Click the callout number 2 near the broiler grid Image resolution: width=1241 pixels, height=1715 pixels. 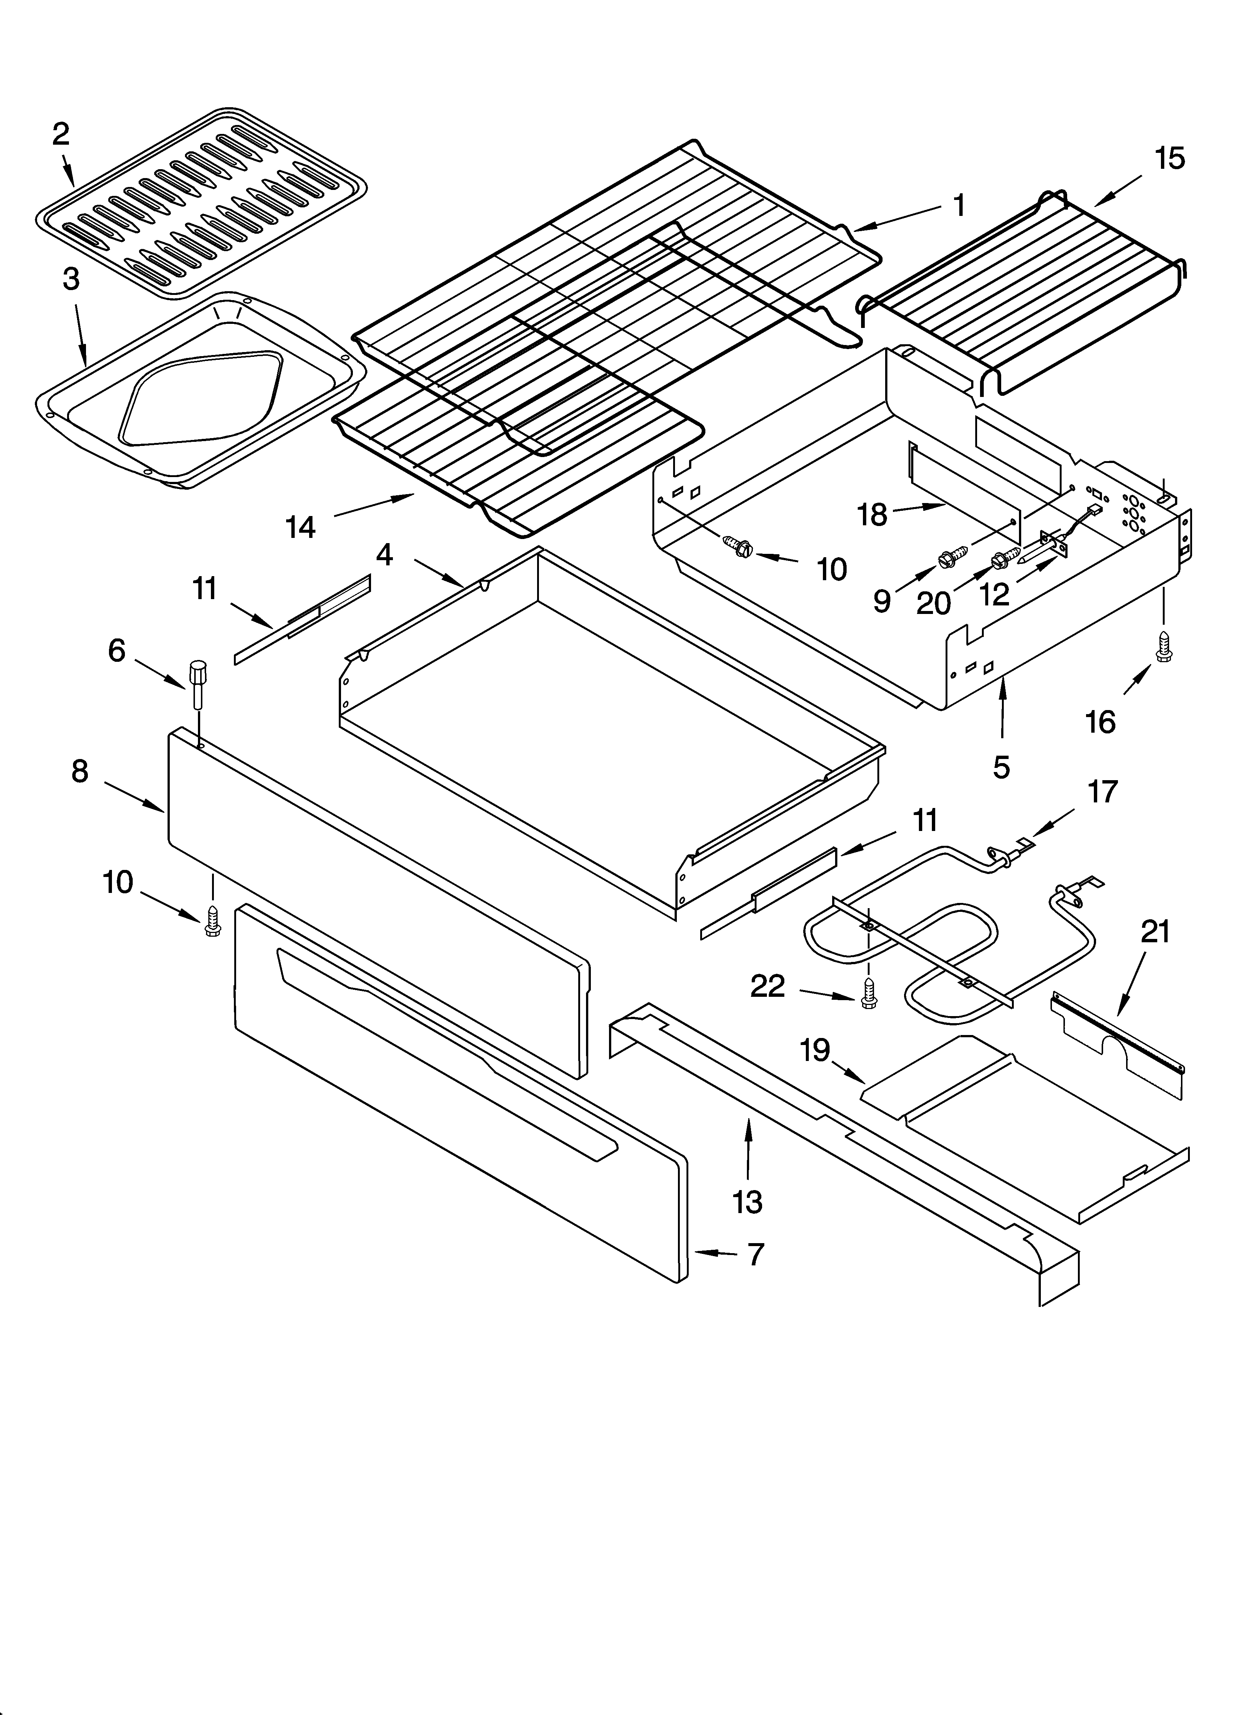[61, 135]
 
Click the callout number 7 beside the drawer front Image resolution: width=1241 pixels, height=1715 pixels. [756, 1254]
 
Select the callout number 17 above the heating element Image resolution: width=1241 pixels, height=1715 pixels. [1102, 792]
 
